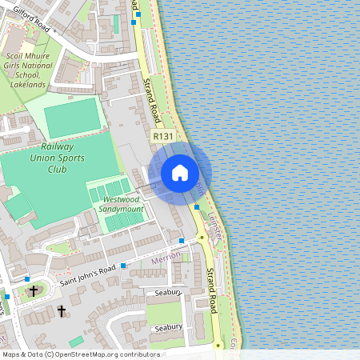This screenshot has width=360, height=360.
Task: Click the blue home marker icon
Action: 180,173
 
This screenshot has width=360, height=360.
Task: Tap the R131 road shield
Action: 162,137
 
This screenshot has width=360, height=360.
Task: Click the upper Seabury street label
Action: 170,294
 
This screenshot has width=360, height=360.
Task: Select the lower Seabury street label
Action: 168,327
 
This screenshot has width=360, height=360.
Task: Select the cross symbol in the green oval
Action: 34,290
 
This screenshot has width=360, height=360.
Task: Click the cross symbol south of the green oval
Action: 62,310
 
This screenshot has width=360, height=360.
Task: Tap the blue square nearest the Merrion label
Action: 182,240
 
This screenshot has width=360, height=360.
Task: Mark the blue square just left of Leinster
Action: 197,207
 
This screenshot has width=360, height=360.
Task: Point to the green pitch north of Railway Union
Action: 72,118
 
